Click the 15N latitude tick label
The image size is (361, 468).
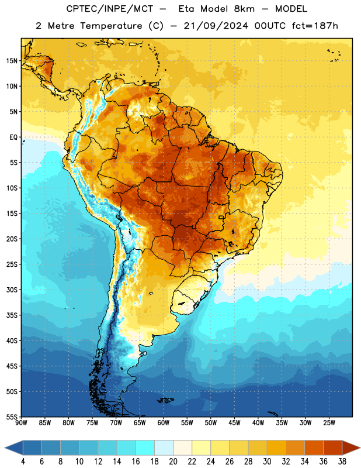point(12,61)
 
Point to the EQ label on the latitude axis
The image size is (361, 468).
point(13,137)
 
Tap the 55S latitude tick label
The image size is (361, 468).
point(12,417)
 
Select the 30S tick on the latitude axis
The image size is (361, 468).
point(12,290)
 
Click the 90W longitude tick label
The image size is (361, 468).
point(21,423)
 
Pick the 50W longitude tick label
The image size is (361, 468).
point(211,423)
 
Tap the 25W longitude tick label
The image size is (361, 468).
point(329,423)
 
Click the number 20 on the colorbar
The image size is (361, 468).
point(173,462)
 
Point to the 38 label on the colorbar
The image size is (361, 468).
point(342,462)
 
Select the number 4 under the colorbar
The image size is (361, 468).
point(23,462)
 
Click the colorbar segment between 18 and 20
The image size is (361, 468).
point(164,448)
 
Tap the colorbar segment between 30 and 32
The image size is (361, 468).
point(276,448)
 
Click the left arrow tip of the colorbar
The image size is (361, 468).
point(5,448)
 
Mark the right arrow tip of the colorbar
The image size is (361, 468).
point(360,448)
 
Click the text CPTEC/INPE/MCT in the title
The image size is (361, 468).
point(109,9)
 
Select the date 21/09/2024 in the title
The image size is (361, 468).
point(216,26)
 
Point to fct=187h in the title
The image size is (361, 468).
point(315,26)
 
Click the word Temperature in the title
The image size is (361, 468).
point(111,26)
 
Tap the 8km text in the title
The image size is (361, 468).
point(244,9)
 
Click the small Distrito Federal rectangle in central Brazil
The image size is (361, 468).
point(221,217)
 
